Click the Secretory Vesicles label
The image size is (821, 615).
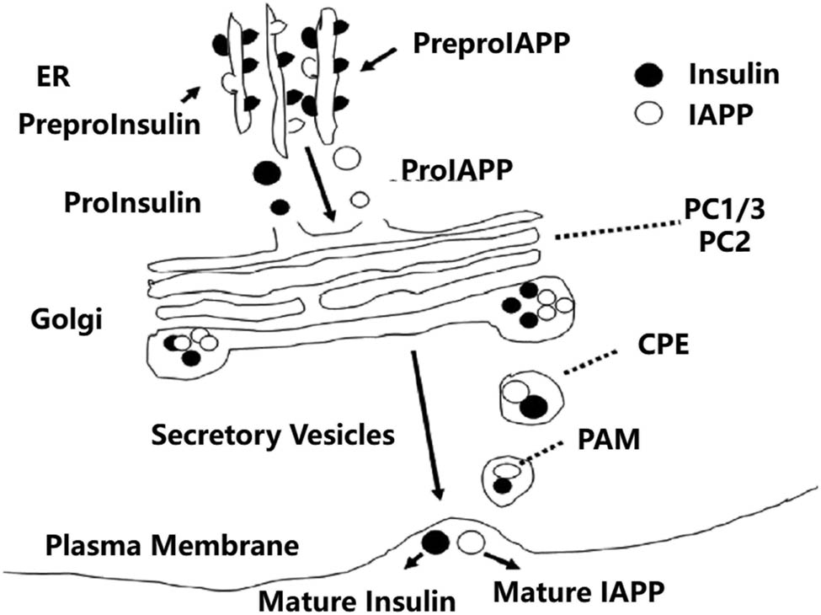(x=272, y=435)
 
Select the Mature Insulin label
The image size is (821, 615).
(x=356, y=599)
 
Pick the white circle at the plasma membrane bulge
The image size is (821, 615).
(x=471, y=543)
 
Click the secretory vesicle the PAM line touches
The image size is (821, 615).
(x=509, y=479)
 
